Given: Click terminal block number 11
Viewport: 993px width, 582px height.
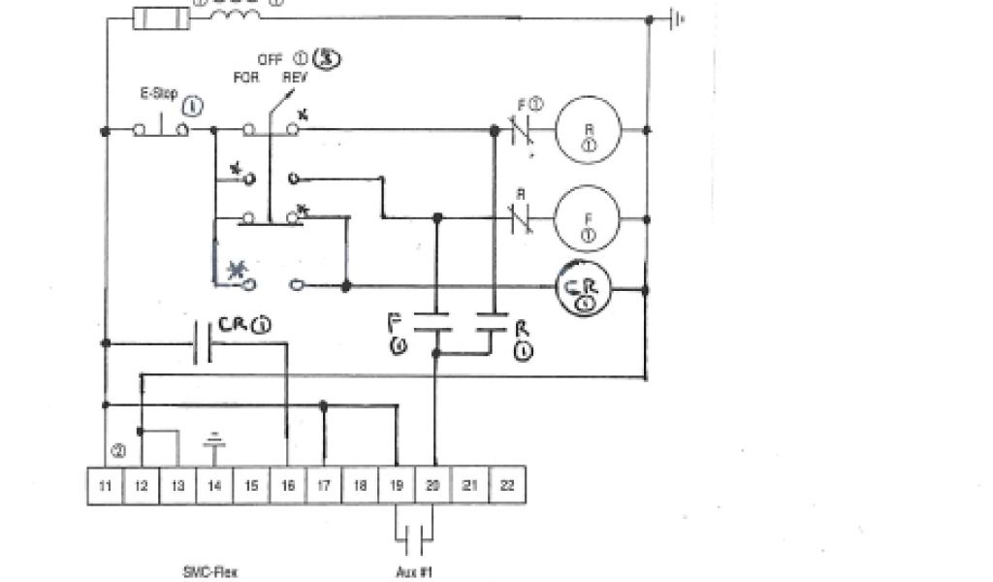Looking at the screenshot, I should (105, 485).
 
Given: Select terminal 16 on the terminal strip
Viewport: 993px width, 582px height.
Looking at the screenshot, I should (287, 485).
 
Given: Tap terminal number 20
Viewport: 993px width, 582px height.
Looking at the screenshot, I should (432, 485).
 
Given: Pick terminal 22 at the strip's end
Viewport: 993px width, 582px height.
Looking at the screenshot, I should (506, 485).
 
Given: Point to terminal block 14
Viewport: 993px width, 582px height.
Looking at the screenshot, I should (214, 485).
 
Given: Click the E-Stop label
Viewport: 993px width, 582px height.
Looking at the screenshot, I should (159, 96).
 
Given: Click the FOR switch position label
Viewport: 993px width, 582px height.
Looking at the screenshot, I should (246, 78).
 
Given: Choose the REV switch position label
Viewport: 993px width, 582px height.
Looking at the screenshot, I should (295, 78).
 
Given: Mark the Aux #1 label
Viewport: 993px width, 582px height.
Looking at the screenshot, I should (414, 571).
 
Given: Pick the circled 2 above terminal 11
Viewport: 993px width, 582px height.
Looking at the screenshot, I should (118, 451).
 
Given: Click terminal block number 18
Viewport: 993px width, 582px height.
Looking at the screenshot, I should (360, 485).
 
